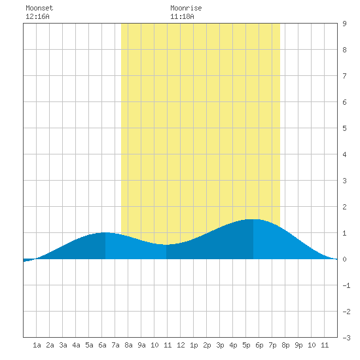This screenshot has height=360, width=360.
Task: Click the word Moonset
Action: click(x=39, y=8)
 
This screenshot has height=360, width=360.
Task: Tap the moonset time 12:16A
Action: click(x=37, y=16)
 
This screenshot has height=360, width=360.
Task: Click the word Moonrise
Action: click(x=186, y=8)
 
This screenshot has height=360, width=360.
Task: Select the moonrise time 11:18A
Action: click(x=182, y=16)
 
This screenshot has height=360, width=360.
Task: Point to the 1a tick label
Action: click(x=37, y=345)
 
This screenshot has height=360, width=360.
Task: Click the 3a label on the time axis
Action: click(x=63, y=345)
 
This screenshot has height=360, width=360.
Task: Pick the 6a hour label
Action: click(x=102, y=345)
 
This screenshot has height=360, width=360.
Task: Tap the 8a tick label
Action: click(x=128, y=345)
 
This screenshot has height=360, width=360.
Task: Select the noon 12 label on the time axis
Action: click(x=181, y=345)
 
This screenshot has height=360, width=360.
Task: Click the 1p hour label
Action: click(x=194, y=345)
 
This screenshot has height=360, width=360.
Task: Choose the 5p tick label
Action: click(x=246, y=345)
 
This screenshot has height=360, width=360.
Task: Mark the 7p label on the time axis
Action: click(x=272, y=345)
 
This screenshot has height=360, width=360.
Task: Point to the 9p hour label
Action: click(x=298, y=345)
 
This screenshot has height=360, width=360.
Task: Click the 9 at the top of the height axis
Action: click(x=344, y=24)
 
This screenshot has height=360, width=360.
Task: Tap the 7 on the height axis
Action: click(x=344, y=76)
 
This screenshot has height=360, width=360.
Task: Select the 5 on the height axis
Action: click(x=344, y=128)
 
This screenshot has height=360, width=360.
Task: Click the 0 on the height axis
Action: click(x=344, y=259)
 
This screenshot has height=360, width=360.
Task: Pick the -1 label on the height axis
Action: click(x=346, y=285)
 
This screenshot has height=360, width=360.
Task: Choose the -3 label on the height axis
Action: click(x=346, y=338)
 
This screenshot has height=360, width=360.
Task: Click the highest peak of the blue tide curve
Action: click(x=253, y=219)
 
